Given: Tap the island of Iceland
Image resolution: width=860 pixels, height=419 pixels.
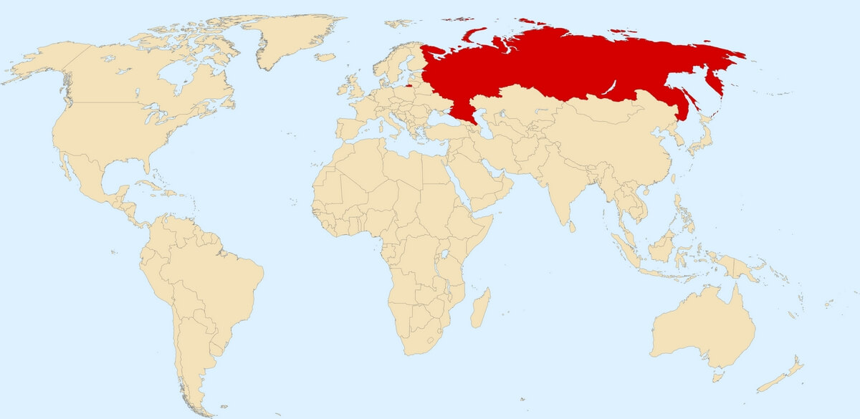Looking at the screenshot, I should click(325, 57).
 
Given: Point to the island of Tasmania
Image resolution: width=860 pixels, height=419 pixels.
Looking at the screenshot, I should click(717, 376).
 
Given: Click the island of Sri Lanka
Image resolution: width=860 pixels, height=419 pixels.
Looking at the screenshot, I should click(570, 226).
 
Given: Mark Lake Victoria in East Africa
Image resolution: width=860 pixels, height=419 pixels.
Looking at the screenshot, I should click(446, 254).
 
